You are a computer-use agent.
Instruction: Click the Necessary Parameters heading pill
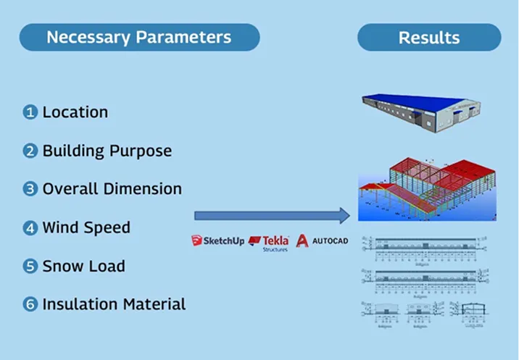coord(139,38)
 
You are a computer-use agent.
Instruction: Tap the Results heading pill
coord(429,38)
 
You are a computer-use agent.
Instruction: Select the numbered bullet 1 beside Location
coord(30,112)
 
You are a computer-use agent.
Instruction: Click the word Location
coord(75,112)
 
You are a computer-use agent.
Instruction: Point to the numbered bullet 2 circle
coord(30,151)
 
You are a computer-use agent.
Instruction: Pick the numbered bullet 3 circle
coord(30,189)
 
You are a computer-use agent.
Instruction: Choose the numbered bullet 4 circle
coord(30,228)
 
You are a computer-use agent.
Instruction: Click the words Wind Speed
coord(86,228)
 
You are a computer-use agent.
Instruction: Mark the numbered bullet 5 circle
coord(30,267)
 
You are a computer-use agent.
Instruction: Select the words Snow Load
coord(83,267)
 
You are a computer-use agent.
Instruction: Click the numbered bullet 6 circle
coord(30,304)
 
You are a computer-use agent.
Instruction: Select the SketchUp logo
coord(217,240)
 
